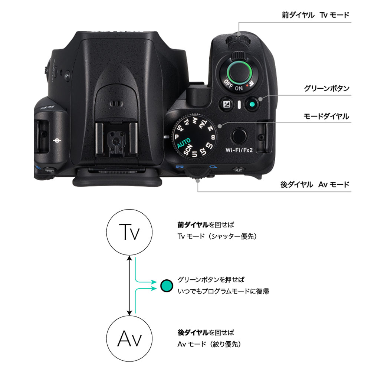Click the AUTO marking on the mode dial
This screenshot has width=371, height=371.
(x=184, y=142)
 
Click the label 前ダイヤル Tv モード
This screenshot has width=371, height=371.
(x=315, y=15)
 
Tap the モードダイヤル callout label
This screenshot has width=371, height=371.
(x=326, y=116)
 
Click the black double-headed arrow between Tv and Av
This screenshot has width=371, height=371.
(x=129, y=285)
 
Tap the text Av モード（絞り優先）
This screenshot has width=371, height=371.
(x=210, y=344)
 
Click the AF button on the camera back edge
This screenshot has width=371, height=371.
(x=238, y=170)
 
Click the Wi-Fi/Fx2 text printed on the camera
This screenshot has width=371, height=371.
(x=239, y=150)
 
